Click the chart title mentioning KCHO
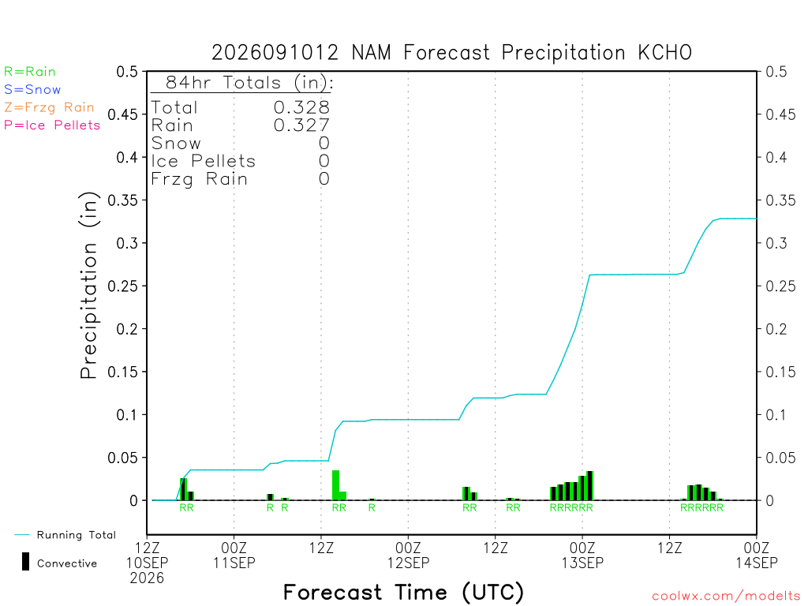click(x=451, y=53)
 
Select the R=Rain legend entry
click(x=30, y=72)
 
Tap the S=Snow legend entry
click(x=32, y=90)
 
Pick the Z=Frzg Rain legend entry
click(x=49, y=107)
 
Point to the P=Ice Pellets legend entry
click(x=52, y=125)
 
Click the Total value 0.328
click(x=301, y=107)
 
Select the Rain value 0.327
click(x=301, y=125)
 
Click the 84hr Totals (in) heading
click(x=249, y=82)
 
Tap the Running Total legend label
click(x=77, y=535)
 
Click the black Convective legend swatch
click(x=25, y=562)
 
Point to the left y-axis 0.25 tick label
click(x=122, y=286)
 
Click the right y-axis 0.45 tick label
click(x=780, y=114)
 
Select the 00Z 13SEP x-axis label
click(x=582, y=555)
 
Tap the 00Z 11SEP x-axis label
click(x=234, y=555)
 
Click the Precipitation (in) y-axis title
click(x=88, y=286)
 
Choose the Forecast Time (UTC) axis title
click(x=403, y=592)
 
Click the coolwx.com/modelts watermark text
click(x=726, y=597)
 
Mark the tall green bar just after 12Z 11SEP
click(x=336, y=485)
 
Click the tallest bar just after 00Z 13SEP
click(x=590, y=486)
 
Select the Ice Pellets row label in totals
click(x=203, y=161)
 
